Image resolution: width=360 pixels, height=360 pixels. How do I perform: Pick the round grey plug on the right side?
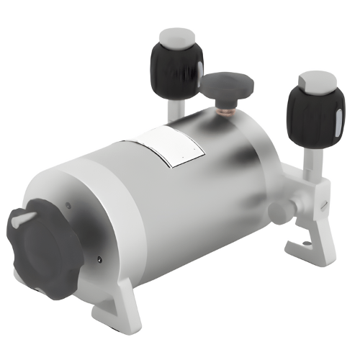point(277,211)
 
